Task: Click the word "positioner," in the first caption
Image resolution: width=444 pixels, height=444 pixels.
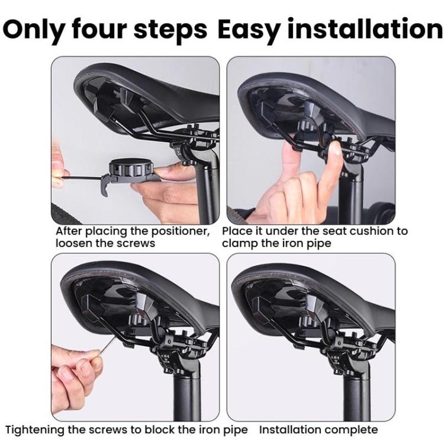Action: coord(178,231)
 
